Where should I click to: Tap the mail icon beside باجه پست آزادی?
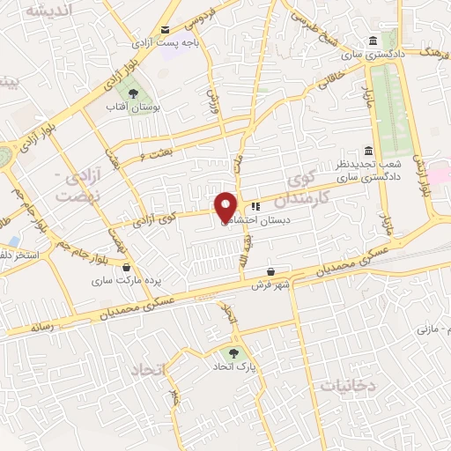(166, 29)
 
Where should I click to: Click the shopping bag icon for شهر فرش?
(270, 270)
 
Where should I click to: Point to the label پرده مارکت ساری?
(129, 281)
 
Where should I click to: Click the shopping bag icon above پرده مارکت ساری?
(129, 267)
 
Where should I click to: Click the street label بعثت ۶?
(154, 155)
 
